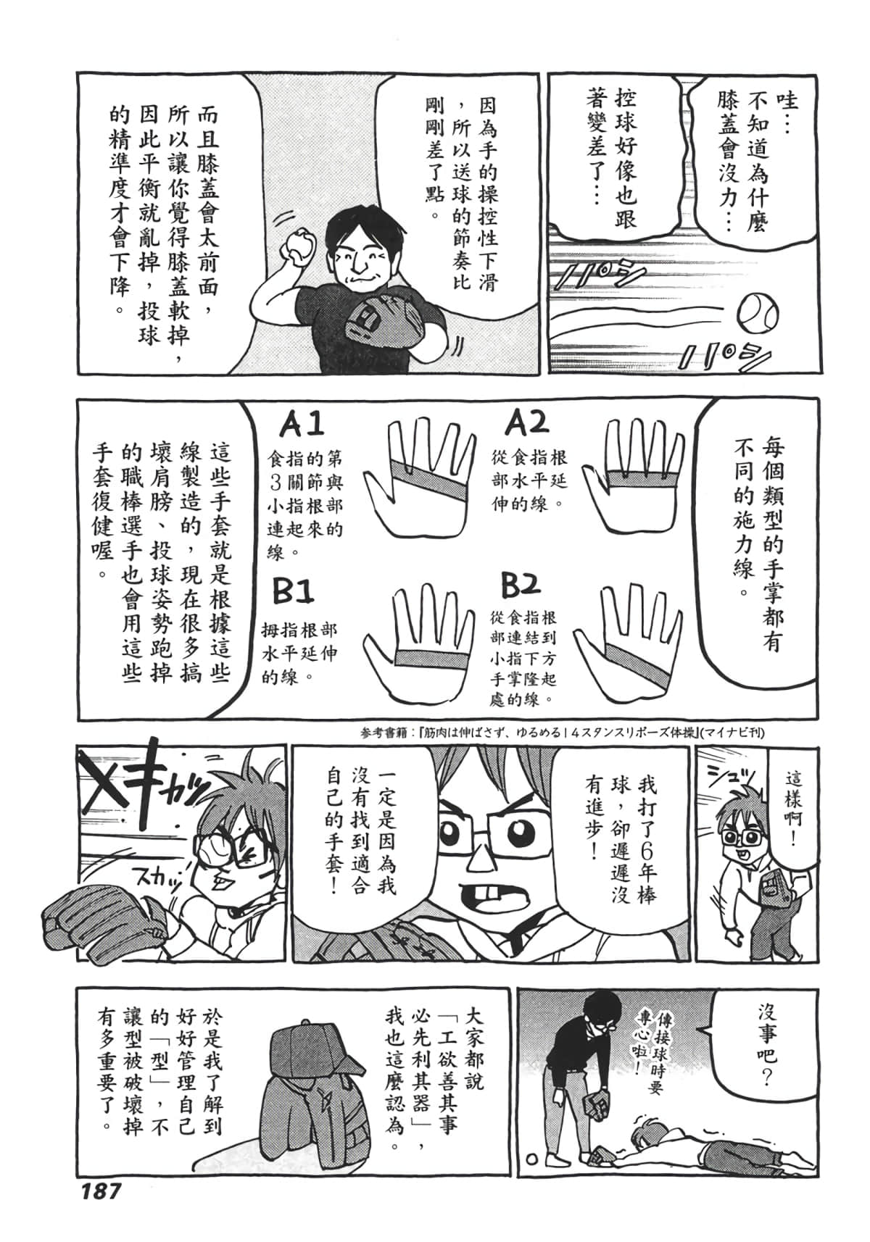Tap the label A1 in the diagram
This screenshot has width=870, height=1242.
[x=302, y=425]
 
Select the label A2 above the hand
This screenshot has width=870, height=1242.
[x=527, y=422]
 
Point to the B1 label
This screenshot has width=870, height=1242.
[x=294, y=592]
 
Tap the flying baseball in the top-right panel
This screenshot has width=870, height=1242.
[x=758, y=312]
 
